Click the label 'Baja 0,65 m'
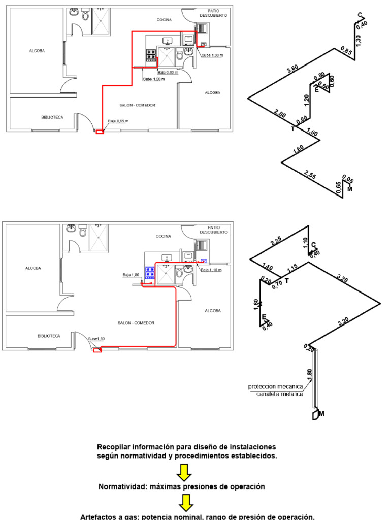pos(118,121)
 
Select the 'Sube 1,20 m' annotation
pos(153,79)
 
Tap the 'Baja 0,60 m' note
pos(168,72)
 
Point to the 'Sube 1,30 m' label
pos(212,55)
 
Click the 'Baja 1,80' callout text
pos(131,275)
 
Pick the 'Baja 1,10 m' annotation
pos(212,270)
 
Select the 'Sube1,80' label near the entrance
pos(96,339)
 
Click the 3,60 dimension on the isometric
pos(292,70)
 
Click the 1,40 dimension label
pos(268,268)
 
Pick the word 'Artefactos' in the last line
pos(99,517)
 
